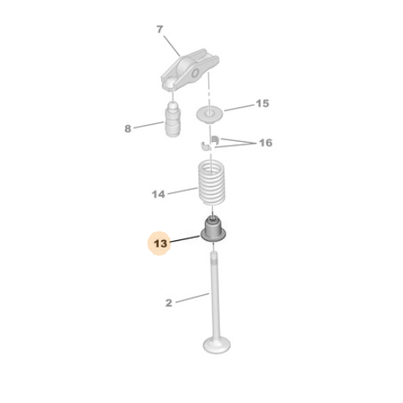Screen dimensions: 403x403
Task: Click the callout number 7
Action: [x=160, y=29]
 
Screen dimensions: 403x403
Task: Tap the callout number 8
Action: [x=128, y=128]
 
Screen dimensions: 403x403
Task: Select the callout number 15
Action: [x=262, y=103]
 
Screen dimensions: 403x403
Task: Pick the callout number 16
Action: [x=266, y=143]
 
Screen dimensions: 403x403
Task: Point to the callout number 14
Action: [x=159, y=194]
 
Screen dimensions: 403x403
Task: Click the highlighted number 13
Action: [x=160, y=243]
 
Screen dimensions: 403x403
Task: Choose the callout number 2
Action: [x=168, y=303]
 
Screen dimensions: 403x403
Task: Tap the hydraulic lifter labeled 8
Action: [x=172, y=119]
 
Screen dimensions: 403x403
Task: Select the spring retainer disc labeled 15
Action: [x=210, y=114]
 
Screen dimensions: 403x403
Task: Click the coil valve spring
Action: [x=212, y=182]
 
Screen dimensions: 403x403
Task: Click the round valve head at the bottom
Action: [x=217, y=345]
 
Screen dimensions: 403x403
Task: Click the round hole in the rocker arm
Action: [x=196, y=73]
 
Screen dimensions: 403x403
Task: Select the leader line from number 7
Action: [x=172, y=46]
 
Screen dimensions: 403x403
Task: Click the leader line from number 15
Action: [x=239, y=108]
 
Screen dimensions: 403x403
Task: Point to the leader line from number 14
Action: [x=183, y=191]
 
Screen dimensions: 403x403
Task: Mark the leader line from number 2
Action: [x=193, y=298]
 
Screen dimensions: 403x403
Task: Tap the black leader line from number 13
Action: [x=185, y=239]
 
